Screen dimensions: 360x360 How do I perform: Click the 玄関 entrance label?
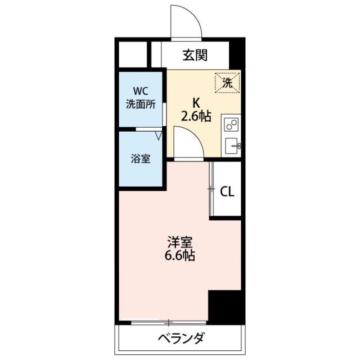click(x=195, y=55)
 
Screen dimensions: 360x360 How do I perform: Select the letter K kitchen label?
click(x=196, y=103)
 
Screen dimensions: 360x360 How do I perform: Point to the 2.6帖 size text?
click(x=196, y=116)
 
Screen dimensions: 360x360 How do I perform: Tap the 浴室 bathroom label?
click(x=141, y=159)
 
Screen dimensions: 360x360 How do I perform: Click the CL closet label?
click(x=227, y=192)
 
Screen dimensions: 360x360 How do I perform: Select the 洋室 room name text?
click(x=180, y=244)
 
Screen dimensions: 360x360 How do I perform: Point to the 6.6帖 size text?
click(x=180, y=257)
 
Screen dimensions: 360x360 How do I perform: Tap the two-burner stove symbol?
click(x=231, y=124)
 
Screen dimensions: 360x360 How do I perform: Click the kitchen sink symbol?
click(x=232, y=145)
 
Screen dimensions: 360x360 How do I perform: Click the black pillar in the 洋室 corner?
click(x=224, y=307)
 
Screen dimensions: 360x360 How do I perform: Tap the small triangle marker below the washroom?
click(x=159, y=136)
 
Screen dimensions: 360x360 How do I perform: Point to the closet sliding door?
click(x=211, y=189)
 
